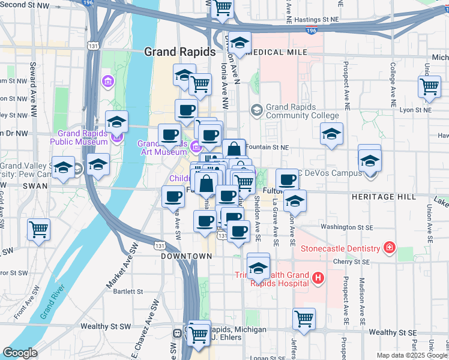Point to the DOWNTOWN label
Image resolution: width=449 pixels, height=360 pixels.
[187, 256]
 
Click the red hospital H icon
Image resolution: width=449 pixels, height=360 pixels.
[318, 278]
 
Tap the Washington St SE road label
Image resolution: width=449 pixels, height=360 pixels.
[345, 227]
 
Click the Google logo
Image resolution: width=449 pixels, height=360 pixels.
[20, 353]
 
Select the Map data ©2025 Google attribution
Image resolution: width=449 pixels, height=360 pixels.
[411, 355]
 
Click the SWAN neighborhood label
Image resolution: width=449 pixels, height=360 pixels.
[34, 187]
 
